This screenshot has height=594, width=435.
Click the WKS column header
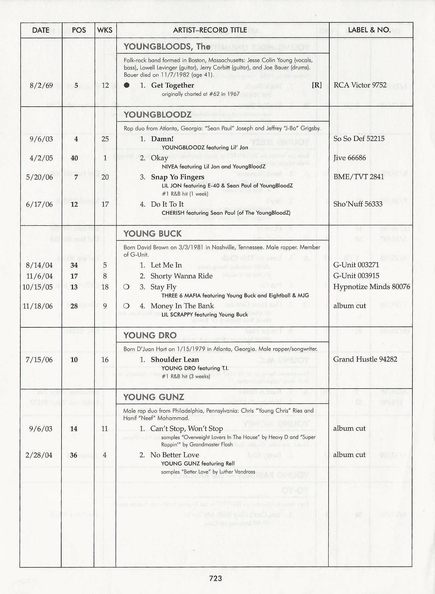tap(105, 30)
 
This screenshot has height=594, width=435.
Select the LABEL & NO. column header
tap(369, 30)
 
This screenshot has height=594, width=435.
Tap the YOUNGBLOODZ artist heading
tap(157, 114)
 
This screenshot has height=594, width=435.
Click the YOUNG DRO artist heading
tap(150, 335)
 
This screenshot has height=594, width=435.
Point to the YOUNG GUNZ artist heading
tap(154, 397)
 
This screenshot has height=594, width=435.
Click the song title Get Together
tap(172, 85)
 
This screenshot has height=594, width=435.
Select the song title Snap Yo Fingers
tap(177, 177)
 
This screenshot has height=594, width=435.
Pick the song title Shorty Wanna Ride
tap(181, 276)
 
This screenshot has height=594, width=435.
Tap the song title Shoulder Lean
tap(175, 359)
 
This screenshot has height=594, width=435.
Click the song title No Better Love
tap(175, 455)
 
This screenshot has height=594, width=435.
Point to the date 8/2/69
tap(41, 85)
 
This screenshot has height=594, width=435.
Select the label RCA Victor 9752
tap(360, 85)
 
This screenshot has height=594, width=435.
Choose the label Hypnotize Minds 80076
tap(372, 287)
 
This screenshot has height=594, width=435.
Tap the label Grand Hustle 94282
tap(365, 359)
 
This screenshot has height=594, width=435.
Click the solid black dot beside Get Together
tap(127, 85)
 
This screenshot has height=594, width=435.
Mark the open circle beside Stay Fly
tap(126, 287)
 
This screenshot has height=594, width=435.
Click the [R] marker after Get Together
tap(317, 85)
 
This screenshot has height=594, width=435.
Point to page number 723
tap(216, 578)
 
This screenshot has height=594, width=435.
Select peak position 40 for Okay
tap(74, 158)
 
